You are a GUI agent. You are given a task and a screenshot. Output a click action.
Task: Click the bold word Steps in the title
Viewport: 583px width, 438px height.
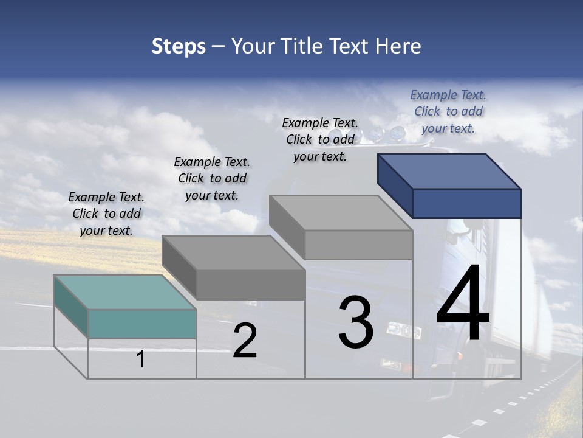coord(179,46)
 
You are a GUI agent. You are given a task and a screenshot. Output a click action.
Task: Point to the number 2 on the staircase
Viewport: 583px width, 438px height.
coord(245,340)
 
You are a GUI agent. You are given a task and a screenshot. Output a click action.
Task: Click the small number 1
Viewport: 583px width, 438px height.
coord(141,359)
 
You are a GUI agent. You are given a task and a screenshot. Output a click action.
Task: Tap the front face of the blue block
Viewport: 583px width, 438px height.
coord(466,203)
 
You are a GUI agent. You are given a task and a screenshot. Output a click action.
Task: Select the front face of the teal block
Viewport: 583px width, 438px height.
coord(142,324)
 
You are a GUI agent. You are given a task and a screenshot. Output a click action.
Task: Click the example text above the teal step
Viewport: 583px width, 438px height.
coord(106,214)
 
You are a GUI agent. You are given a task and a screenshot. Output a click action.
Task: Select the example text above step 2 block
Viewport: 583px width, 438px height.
coord(212,178)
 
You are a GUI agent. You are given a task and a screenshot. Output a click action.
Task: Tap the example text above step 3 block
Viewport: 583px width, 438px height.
coord(320,139)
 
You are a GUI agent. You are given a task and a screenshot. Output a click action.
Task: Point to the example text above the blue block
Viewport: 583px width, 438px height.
coord(448,111)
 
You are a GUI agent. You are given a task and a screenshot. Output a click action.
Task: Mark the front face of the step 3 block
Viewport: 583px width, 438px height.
coord(358,245)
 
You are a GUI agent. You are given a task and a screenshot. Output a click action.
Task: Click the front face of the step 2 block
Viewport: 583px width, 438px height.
coord(250,285)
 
